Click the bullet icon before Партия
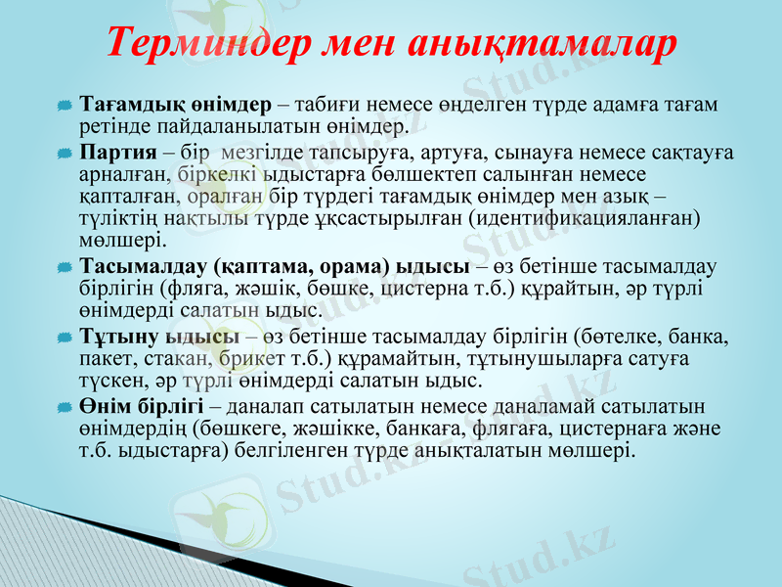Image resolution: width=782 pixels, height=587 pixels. (64, 154)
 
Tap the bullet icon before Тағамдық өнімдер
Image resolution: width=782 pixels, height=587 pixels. (64, 105)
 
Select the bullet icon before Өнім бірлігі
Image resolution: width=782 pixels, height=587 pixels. (64, 406)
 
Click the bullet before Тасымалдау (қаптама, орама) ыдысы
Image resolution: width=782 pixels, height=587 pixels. (64, 267)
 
